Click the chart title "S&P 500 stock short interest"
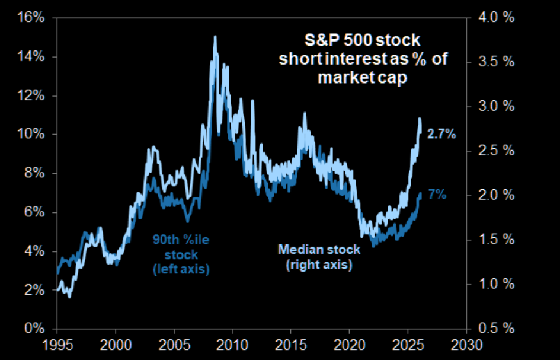point(359,59)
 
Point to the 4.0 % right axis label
point(490,17)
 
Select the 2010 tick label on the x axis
point(232,344)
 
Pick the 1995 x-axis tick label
point(57,344)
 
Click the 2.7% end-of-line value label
point(442,135)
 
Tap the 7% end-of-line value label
point(437,194)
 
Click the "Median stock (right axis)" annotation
point(319,257)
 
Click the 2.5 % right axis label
point(490,151)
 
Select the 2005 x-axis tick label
point(174,344)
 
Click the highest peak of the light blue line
point(215,37)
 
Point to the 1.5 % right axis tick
point(490,240)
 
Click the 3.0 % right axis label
point(490,106)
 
